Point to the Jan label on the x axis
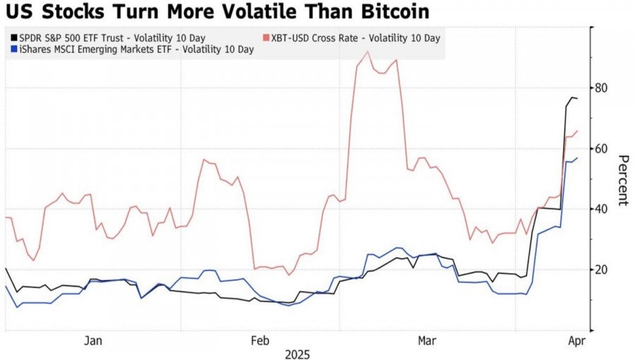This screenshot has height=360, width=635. [x=93, y=341]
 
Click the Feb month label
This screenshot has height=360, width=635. [x=260, y=341]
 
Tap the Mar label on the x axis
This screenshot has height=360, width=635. [x=426, y=341]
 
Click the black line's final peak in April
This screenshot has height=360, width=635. [x=572, y=97]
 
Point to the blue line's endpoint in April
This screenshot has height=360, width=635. [x=577, y=158]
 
